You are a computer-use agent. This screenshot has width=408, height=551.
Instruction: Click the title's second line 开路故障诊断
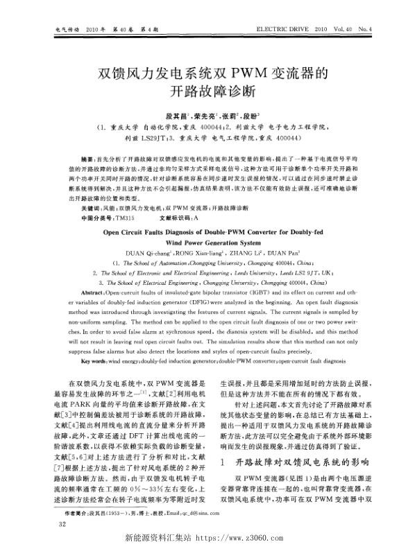[203, 91]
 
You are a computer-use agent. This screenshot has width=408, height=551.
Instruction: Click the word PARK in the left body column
[96, 404]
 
